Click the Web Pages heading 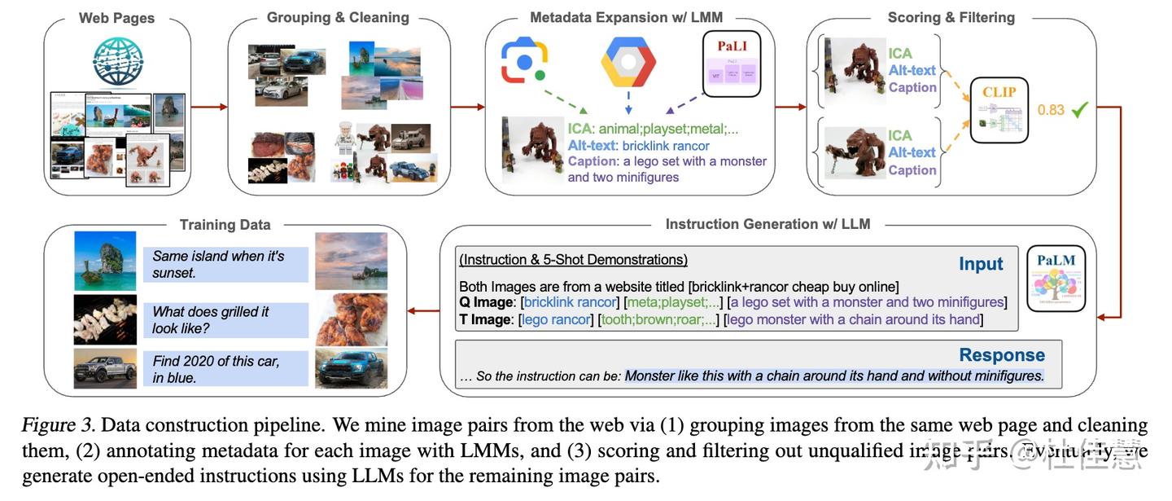(116, 18)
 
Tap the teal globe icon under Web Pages (117, 62)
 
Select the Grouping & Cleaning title (338, 18)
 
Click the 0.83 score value (1050, 109)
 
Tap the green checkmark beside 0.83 (1079, 108)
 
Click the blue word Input (981, 264)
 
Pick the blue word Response (1001, 355)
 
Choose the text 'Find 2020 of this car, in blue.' (216, 368)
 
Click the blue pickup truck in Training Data (351, 368)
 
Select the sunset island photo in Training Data (351, 261)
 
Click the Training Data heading (225, 225)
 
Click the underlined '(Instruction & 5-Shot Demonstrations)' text (573, 260)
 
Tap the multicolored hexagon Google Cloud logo (628, 61)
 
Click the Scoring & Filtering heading (951, 18)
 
